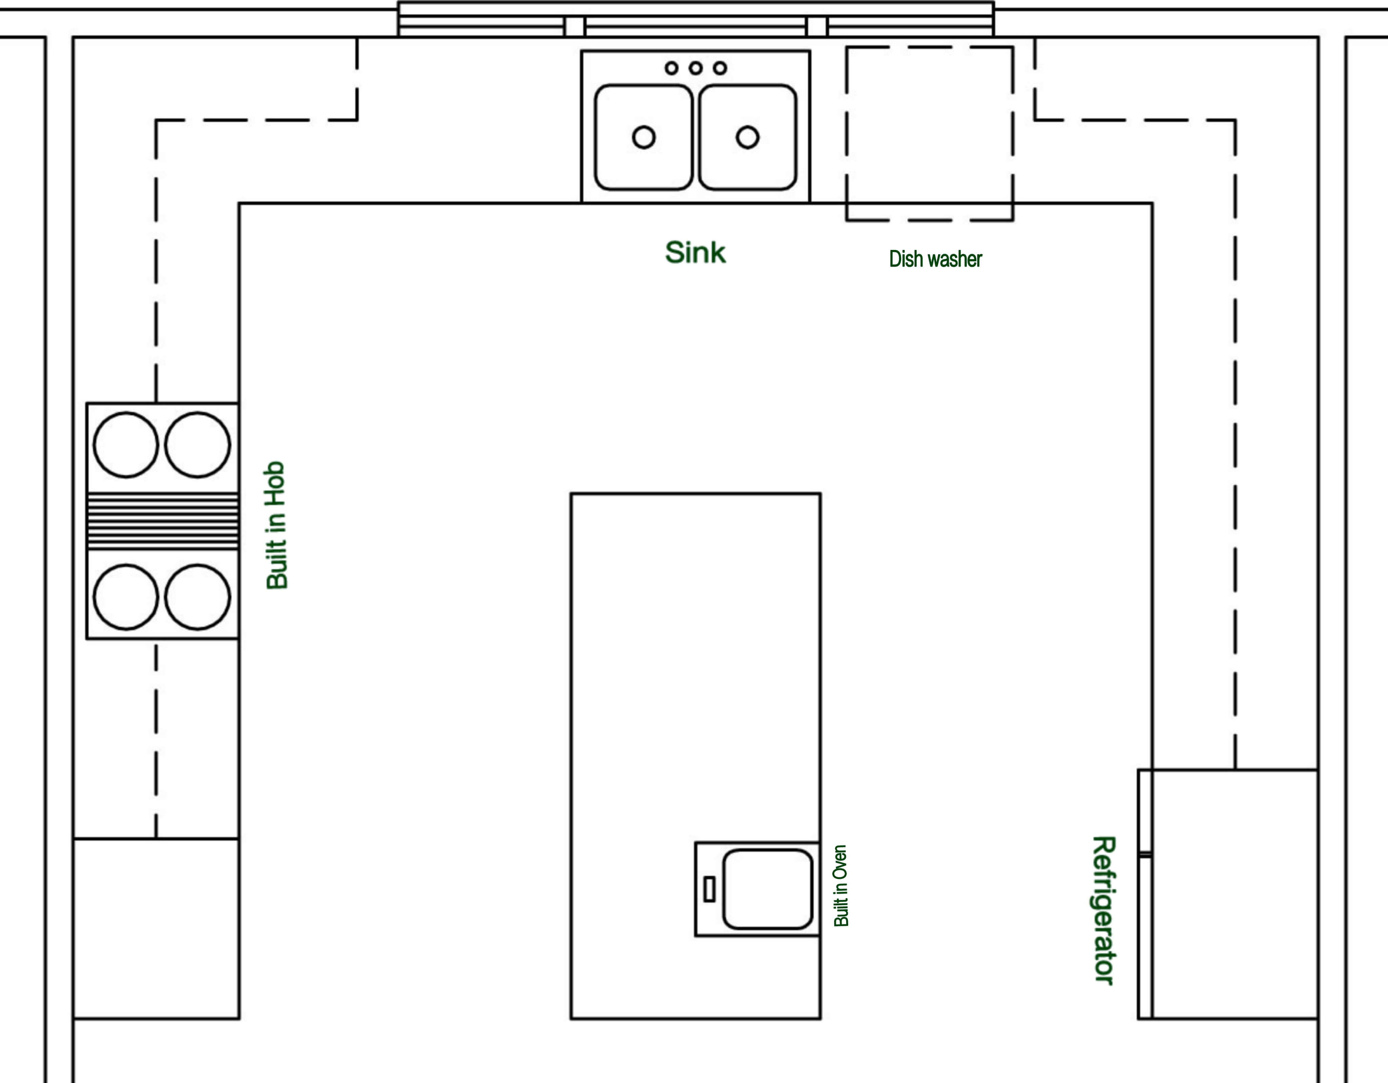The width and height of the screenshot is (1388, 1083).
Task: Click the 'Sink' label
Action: coord(695,253)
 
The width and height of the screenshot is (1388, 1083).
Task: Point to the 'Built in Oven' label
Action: coord(841,886)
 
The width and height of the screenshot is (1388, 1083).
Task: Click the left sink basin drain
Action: coord(644,137)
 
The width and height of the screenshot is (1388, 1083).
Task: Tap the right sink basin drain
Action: coord(748,137)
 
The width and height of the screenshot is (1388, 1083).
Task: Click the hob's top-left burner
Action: coord(126,445)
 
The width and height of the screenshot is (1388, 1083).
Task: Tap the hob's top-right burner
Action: coord(198,445)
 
